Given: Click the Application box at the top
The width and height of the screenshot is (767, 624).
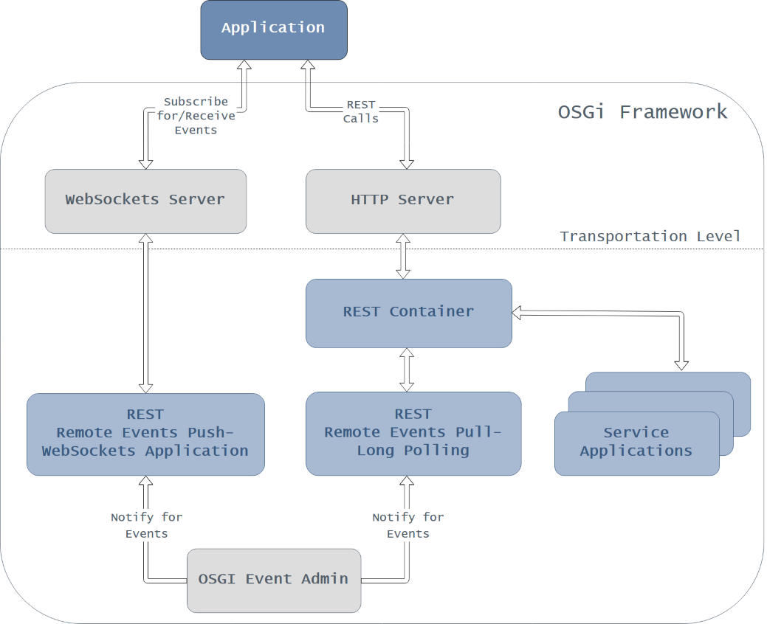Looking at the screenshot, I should (x=273, y=30).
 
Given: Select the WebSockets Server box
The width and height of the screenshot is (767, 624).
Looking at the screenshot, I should (x=145, y=201).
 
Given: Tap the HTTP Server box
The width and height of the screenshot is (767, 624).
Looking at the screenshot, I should (x=403, y=201).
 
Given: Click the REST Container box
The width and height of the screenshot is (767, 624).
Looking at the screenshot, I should (x=408, y=313).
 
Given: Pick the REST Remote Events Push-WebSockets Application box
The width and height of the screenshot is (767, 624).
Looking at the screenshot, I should (x=145, y=434).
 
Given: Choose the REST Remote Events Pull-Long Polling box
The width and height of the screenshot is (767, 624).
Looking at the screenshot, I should (x=413, y=434).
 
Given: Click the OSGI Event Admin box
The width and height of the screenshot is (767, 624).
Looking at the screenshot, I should (x=274, y=580).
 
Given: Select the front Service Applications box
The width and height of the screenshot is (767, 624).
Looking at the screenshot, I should (x=636, y=443).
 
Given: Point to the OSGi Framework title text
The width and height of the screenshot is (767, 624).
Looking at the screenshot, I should (x=642, y=112).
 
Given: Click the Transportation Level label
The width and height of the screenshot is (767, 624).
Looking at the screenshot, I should (x=650, y=237).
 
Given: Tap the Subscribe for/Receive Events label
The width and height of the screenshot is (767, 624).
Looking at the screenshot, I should (x=196, y=116).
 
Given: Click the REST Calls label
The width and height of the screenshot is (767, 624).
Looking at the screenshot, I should (x=361, y=111).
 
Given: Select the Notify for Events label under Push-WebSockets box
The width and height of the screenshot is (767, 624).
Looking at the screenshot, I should (x=146, y=525).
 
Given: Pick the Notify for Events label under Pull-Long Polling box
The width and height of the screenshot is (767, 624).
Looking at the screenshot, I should (x=408, y=525).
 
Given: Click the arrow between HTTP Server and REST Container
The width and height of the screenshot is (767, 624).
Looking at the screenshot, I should (x=403, y=256).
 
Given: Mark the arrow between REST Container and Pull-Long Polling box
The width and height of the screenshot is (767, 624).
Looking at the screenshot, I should (x=406, y=370).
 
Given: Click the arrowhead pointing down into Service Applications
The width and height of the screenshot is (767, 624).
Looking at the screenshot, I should (x=681, y=364).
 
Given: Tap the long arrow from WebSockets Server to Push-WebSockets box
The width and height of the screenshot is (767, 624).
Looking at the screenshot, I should (x=145, y=313).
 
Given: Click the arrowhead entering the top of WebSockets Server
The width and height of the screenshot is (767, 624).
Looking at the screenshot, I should (x=145, y=163).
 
